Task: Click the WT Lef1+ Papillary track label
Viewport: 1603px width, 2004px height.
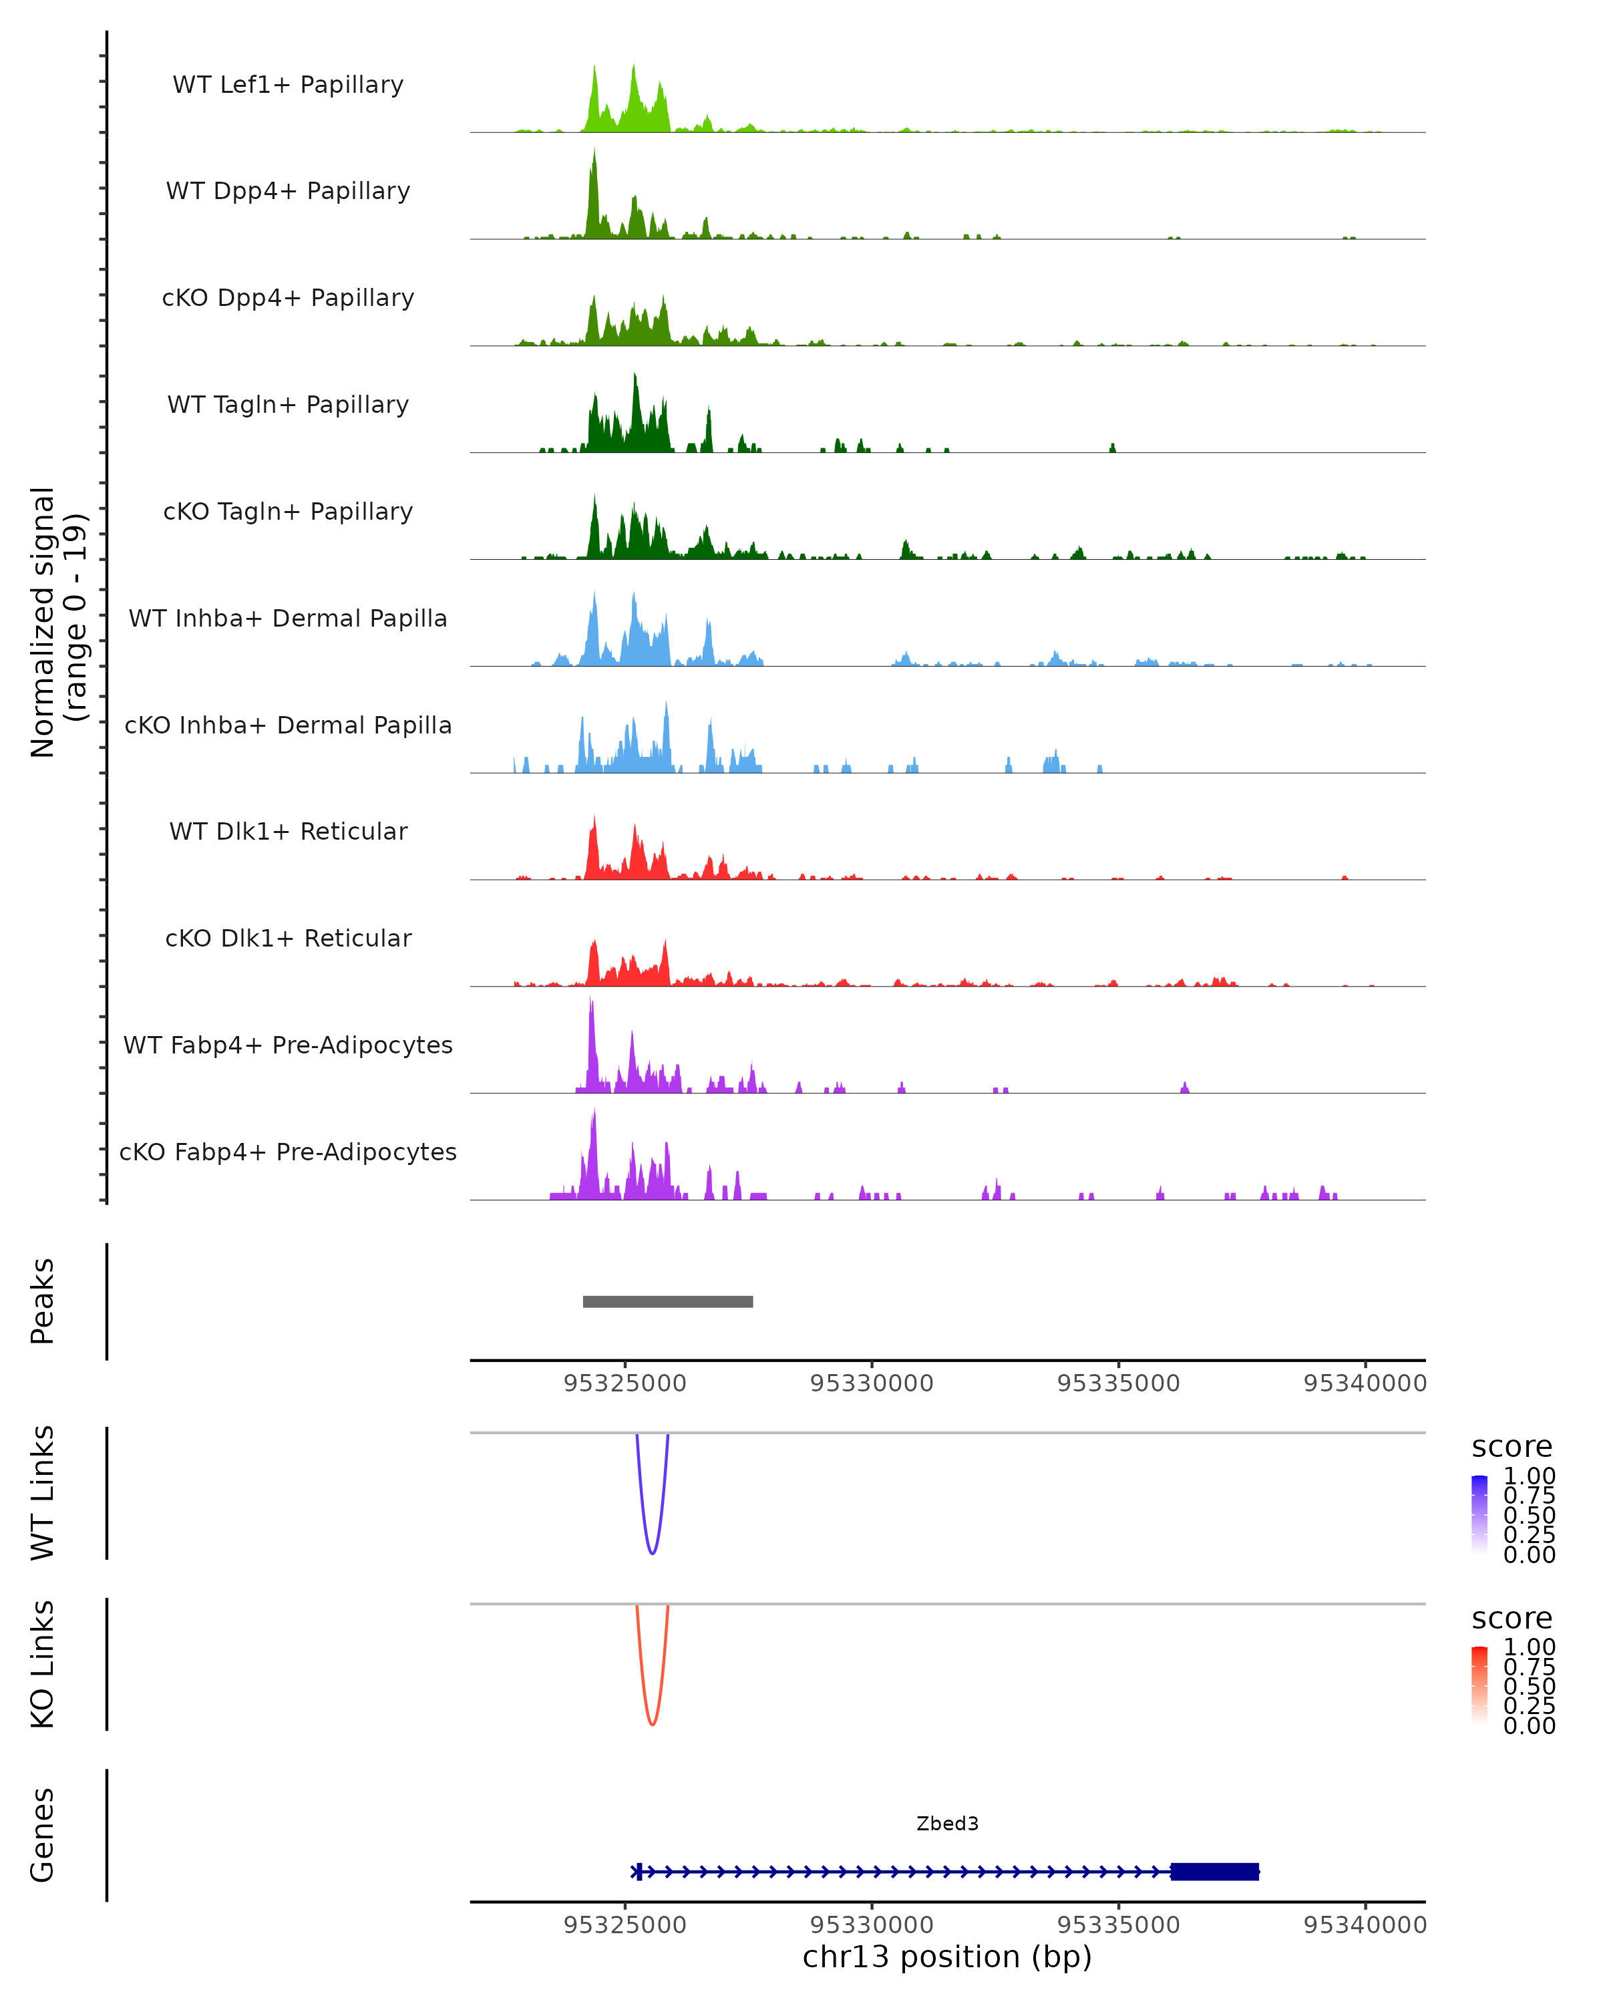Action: [x=288, y=85]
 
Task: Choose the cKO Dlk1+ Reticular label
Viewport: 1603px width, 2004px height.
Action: [x=288, y=938]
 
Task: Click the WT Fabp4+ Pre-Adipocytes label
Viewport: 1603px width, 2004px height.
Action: [x=288, y=1045]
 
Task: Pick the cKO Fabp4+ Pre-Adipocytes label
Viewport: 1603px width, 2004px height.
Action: [x=288, y=1152]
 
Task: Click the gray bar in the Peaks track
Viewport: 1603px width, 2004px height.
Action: [x=667, y=1301]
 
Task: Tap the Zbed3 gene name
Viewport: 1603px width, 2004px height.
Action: [x=947, y=1824]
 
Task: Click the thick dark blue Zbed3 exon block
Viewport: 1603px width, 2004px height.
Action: [x=1214, y=1871]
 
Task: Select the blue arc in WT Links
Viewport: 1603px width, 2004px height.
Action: [x=653, y=1552]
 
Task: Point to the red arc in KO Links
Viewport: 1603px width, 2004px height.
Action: [x=653, y=1723]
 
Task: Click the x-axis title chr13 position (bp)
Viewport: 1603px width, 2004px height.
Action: [x=947, y=1957]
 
